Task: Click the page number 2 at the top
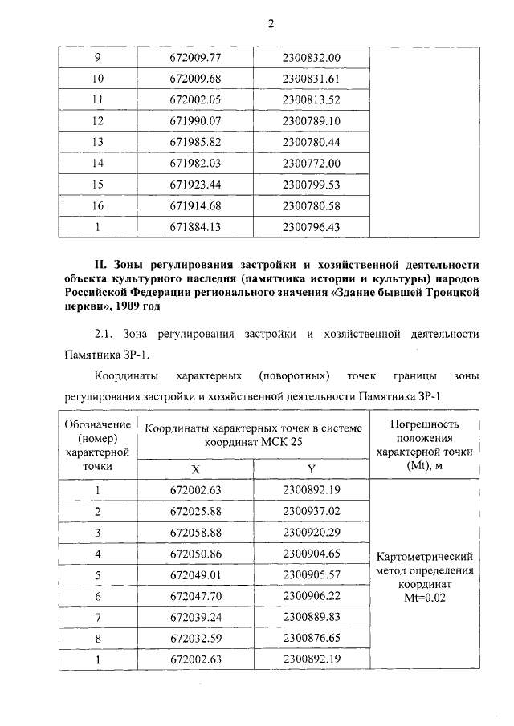coord(271,24)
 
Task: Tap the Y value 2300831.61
coord(312,79)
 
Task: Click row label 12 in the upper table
coord(98,120)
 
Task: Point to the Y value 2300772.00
coord(312,163)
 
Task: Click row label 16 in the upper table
coord(98,205)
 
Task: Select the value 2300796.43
coord(312,226)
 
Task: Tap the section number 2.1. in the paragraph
coord(108,333)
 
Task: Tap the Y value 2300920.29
coord(312,532)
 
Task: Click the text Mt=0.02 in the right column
coord(423,597)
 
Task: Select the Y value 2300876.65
coord(312,638)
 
